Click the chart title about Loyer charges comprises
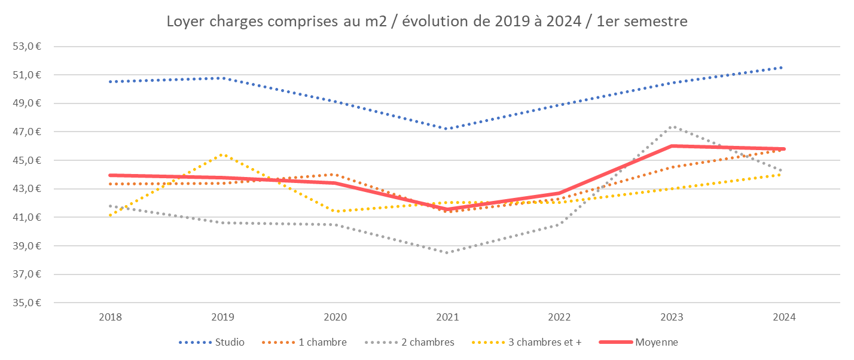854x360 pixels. coord(427,22)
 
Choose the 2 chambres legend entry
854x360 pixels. coord(428,342)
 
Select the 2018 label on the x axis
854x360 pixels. coord(110,318)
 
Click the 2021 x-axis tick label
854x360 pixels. coord(447,318)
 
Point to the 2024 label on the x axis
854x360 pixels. coord(783,318)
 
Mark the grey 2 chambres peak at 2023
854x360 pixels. coord(672,127)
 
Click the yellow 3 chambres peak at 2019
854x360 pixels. coord(222,154)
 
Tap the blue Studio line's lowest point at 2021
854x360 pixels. coord(447,129)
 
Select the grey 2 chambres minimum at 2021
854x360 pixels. coord(447,252)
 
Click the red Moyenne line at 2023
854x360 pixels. coord(672,146)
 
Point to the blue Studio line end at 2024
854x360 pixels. coord(783,68)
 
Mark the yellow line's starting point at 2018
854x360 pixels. coord(110,215)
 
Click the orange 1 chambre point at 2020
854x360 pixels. coord(334,175)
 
